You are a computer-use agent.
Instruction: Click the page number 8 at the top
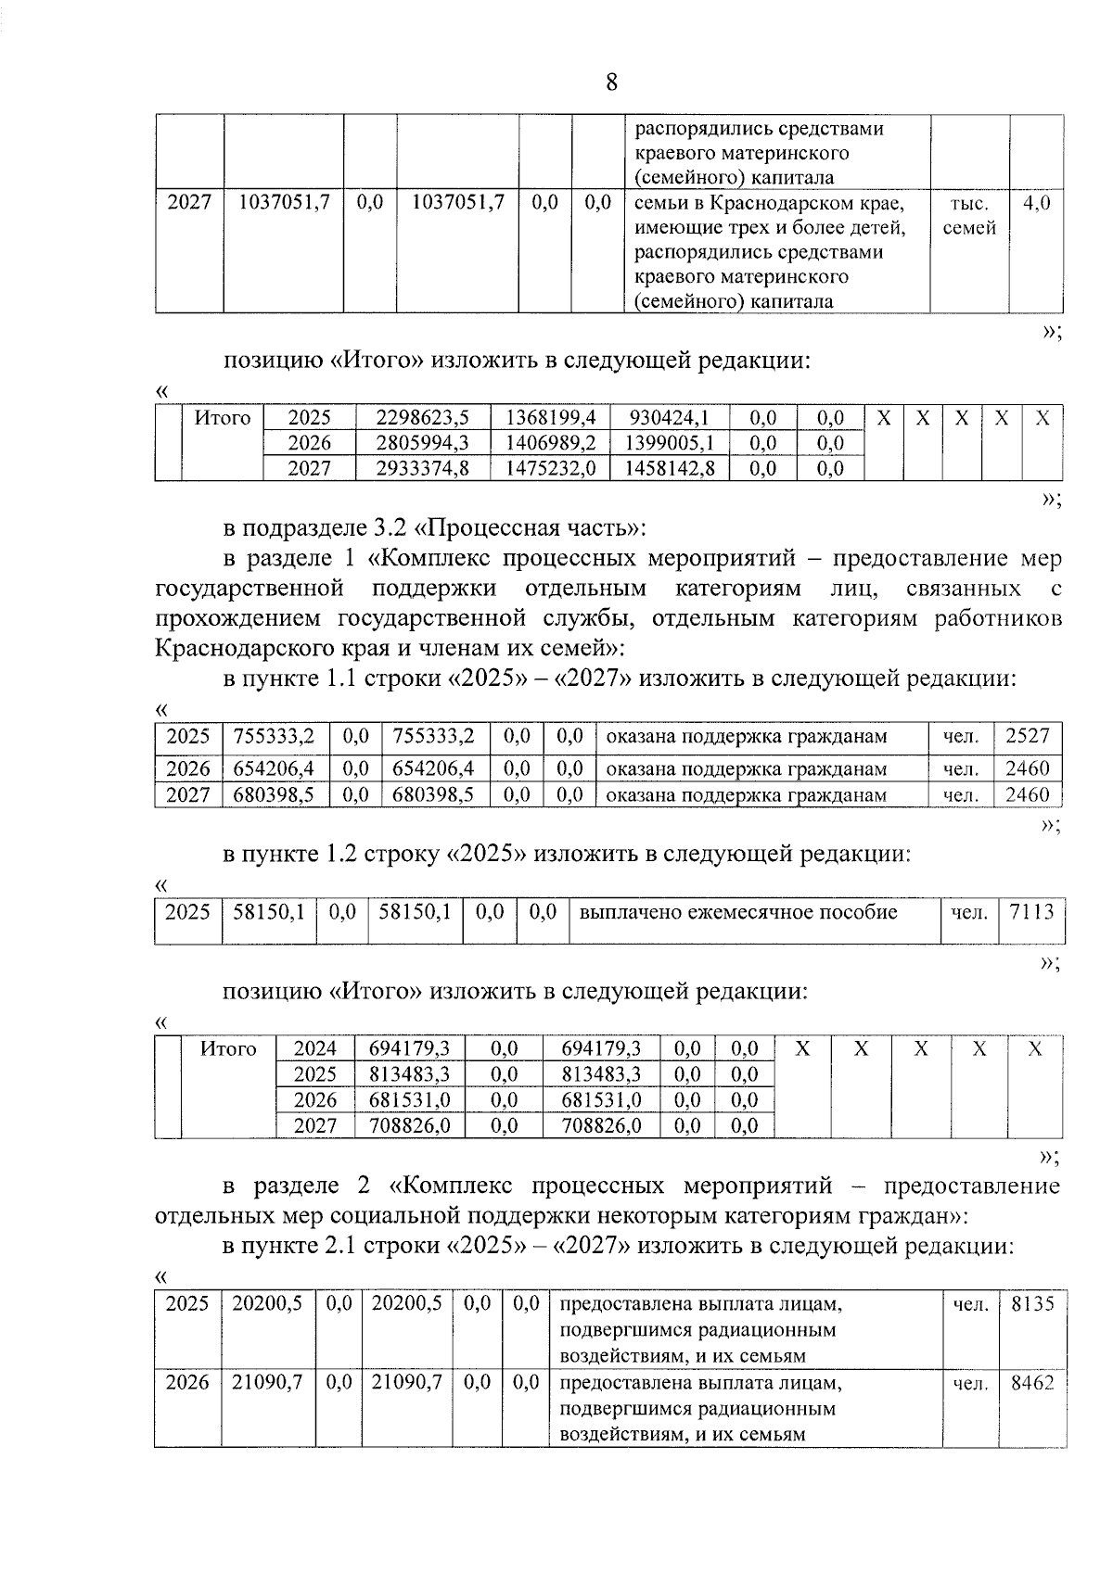coord(611,82)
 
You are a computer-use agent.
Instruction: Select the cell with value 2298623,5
coord(423,418)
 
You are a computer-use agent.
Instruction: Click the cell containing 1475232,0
coord(550,468)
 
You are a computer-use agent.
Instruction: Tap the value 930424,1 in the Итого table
coord(669,418)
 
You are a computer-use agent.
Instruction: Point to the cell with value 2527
coord(1027,737)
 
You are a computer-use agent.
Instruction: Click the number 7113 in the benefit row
coord(1031,912)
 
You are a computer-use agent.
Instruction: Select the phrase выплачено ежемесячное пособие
coord(738,912)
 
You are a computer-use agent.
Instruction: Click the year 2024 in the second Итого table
coord(315,1049)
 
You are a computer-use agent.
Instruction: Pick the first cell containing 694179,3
coord(409,1049)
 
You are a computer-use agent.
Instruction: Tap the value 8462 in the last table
coord(1031,1384)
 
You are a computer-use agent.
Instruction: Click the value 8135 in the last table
coord(1031,1304)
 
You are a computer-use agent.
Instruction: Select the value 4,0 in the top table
coord(1036,203)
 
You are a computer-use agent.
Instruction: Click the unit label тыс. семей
coord(968,215)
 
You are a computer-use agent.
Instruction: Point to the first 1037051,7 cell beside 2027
coord(284,203)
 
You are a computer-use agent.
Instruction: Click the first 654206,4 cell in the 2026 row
coord(275,768)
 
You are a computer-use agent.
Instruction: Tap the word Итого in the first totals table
coord(223,418)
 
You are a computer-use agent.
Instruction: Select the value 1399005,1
coord(669,443)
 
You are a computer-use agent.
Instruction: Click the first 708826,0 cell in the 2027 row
coord(409,1126)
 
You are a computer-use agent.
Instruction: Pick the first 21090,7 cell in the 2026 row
coord(267,1384)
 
